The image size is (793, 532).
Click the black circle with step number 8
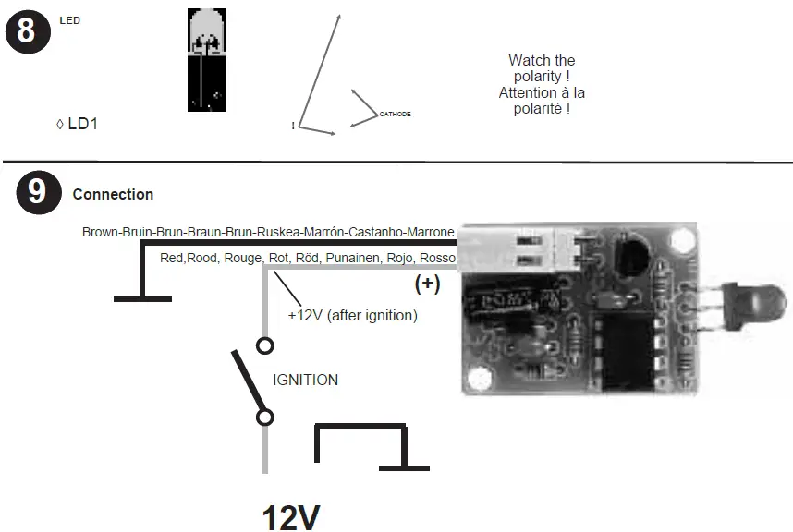[x=26, y=30]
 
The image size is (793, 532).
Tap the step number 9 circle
[x=37, y=192]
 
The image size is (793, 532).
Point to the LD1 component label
[x=81, y=123]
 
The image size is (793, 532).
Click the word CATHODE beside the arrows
[x=395, y=114]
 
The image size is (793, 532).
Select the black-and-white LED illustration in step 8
[x=206, y=61]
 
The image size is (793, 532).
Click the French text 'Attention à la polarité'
[x=542, y=101]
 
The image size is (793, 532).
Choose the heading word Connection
[x=113, y=195]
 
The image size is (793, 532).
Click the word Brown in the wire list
[x=100, y=232]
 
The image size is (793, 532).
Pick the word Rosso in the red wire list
[x=437, y=258]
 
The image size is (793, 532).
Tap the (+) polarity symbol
[x=427, y=284]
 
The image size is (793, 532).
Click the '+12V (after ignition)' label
[x=352, y=315]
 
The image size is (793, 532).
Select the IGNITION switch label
[x=305, y=380]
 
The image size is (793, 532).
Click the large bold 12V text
[x=291, y=517]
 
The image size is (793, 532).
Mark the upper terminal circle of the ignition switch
[x=265, y=346]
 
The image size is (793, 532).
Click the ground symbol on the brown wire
[x=142, y=297]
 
